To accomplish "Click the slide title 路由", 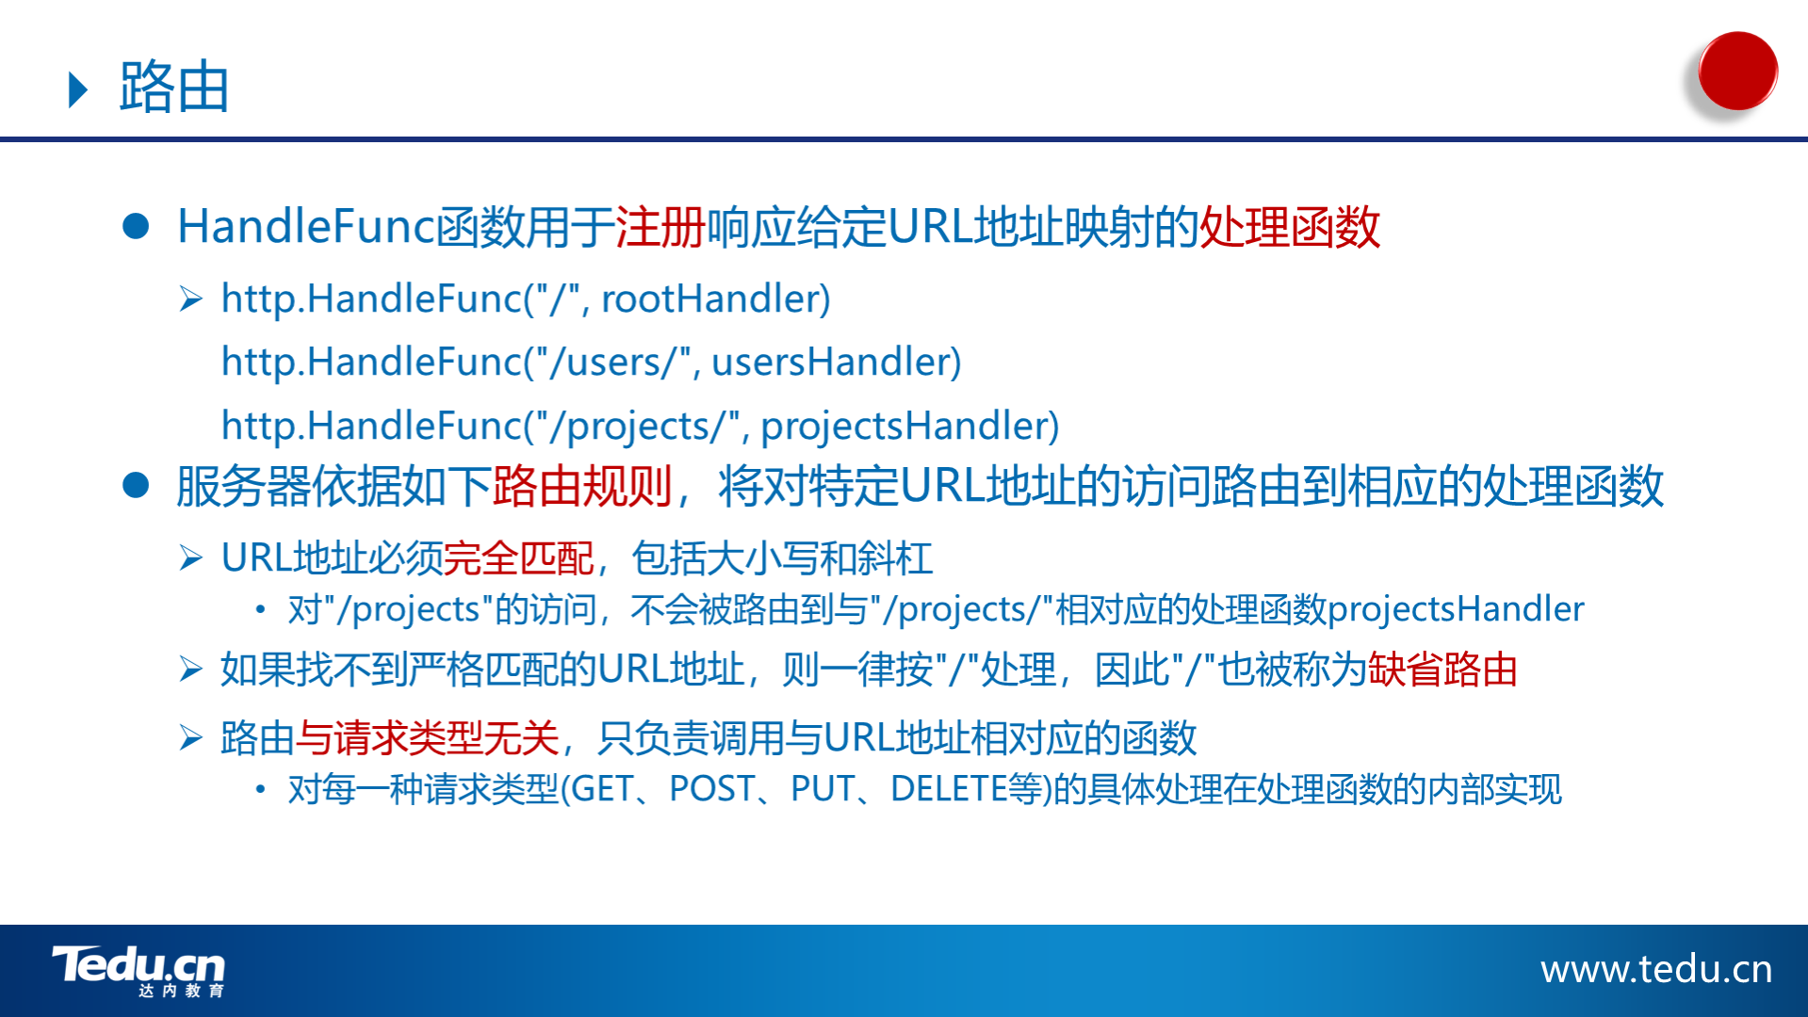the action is [174, 88].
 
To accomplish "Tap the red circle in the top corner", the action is [1737, 71].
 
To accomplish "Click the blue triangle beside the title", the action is [79, 89].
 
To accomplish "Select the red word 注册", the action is [660, 227].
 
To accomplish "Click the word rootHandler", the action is [716, 299].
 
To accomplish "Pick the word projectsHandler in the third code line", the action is [910, 426].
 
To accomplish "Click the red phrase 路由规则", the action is [582, 487].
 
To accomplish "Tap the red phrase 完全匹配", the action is [518, 558].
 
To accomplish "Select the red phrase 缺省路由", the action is [1442, 670].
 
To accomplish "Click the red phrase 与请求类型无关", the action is [428, 738].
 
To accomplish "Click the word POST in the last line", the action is [712, 789].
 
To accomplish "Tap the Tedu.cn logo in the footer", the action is [138, 971].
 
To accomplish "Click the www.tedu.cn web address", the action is [1656, 969].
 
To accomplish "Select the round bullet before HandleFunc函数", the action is [136, 226].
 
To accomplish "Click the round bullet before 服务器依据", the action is [136, 485].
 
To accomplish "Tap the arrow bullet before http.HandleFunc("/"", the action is [191, 299].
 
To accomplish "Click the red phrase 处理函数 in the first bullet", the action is [1290, 227].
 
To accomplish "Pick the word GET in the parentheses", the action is [602, 789].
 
